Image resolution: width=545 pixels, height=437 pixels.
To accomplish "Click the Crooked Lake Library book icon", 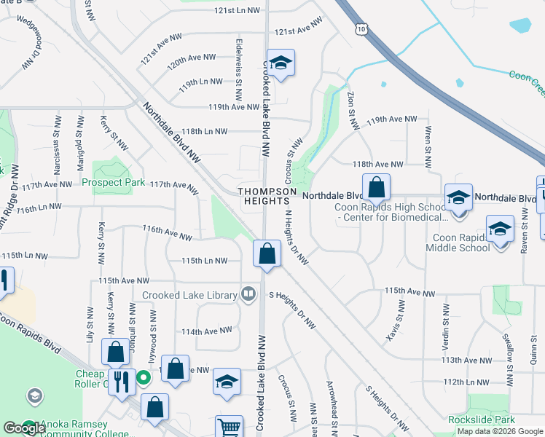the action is pos(249,294).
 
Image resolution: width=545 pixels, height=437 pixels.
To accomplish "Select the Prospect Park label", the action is pos(113,182).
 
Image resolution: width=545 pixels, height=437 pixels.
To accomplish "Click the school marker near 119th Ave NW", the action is pos(280,63).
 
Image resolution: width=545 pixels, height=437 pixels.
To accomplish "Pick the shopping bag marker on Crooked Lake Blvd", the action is pos(267,254).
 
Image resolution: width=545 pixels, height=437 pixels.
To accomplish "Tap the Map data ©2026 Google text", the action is pos(500,431).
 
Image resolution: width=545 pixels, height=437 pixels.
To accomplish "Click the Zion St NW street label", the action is pos(353,110).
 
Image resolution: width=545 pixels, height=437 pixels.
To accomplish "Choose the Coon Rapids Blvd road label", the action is pos(33,332).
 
